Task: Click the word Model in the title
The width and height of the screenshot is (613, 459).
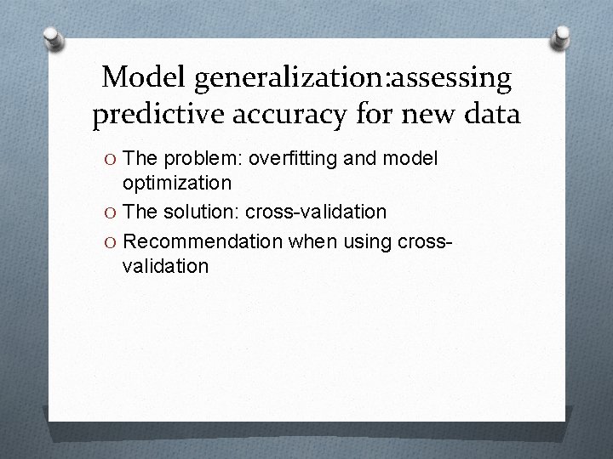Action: click(x=144, y=78)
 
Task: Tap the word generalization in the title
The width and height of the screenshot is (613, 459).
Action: click(x=290, y=80)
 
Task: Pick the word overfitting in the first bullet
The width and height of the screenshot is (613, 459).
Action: click(x=293, y=159)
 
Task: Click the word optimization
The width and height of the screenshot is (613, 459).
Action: click(x=176, y=183)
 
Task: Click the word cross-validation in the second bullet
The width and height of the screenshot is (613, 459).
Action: click(x=316, y=211)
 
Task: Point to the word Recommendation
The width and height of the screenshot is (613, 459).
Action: click(x=209, y=241)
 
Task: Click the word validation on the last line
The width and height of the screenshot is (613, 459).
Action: click(x=165, y=266)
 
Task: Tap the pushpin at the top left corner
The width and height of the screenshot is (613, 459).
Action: click(x=53, y=38)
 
